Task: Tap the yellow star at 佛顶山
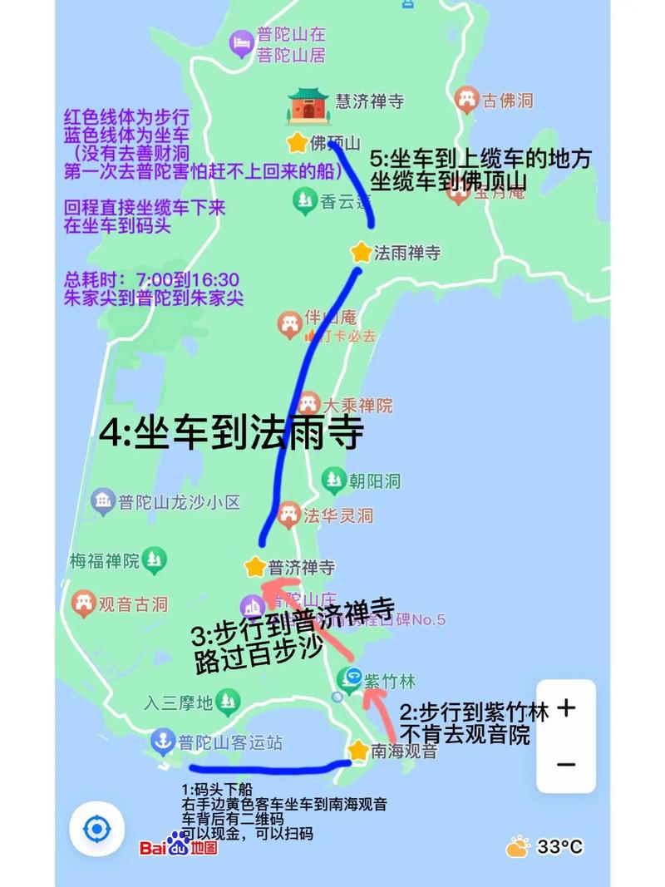297,143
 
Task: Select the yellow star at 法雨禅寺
361,252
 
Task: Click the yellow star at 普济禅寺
255,567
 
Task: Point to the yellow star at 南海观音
358,751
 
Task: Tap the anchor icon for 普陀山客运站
162,740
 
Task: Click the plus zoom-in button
566,709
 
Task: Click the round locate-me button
97,829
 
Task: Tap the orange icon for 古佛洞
467,101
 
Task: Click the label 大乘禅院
358,406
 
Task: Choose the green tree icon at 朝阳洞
334,479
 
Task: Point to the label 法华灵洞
338,515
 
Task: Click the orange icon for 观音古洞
83,604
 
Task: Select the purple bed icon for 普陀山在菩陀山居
242,44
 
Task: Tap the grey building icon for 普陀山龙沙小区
103,502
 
